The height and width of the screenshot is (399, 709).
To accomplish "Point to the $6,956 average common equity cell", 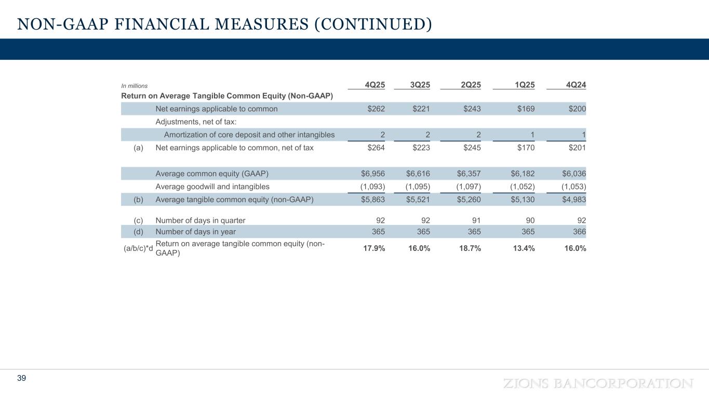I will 373,174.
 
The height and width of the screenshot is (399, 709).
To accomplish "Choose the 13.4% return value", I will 523,248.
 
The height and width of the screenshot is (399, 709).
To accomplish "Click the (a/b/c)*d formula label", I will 138,248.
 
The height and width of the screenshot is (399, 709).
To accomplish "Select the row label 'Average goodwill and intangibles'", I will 212,187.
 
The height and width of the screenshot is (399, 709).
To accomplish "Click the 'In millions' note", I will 134,86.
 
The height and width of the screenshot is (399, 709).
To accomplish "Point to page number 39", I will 21,378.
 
